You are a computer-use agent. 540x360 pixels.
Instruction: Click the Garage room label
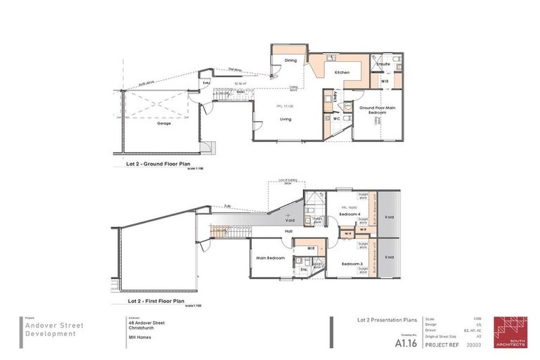[x=163, y=123]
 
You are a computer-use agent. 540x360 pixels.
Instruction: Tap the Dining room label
[x=290, y=60]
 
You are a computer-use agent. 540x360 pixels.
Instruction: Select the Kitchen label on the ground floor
[x=342, y=72]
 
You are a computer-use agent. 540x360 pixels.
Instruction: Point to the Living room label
[x=286, y=119]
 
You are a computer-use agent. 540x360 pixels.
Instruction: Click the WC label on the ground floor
[x=336, y=119]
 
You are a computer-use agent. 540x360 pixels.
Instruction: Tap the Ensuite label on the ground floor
[x=383, y=64]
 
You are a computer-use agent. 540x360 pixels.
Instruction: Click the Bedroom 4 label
[x=350, y=213]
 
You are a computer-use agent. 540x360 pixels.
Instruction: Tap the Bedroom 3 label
[x=352, y=264]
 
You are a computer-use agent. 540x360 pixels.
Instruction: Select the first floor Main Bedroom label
[x=271, y=258]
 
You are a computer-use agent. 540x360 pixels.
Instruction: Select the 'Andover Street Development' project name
[x=50, y=330]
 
